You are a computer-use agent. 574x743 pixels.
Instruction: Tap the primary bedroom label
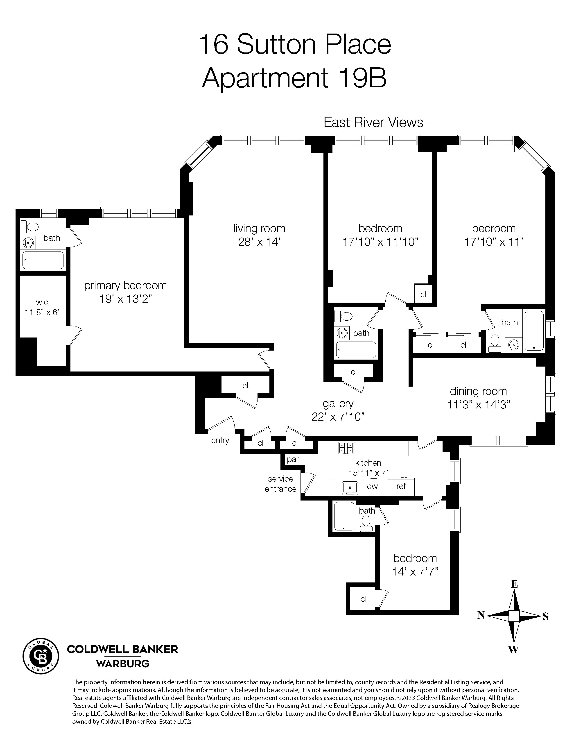[x=125, y=285]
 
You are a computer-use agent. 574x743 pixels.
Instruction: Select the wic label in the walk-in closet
[x=42, y=302]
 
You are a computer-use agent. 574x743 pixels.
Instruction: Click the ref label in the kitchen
[x=401, y=486]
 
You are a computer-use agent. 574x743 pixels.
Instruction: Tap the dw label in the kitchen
[x=372, y=486]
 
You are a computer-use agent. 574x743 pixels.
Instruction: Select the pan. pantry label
[x=294, y=459]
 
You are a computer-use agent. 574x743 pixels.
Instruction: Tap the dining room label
[x=478, y=391]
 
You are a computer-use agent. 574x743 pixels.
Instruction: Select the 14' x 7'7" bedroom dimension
[x=415, y=571]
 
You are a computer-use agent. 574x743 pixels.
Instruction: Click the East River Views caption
[x=373, y=122]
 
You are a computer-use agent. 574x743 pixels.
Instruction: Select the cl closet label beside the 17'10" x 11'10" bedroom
[x=423, y=294]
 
